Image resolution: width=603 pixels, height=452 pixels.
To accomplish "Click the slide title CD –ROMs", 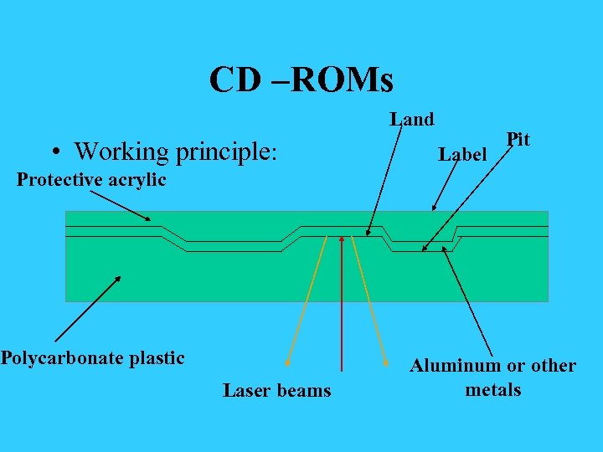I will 301,80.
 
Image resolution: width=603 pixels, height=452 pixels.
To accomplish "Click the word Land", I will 412,120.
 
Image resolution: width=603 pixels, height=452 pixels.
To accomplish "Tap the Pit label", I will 518,139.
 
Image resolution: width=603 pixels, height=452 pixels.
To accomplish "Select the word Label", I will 462,155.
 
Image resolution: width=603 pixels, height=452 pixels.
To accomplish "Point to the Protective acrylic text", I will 91,179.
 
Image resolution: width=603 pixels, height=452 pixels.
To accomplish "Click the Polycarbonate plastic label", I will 92,358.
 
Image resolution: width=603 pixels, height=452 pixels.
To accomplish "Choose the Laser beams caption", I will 276,391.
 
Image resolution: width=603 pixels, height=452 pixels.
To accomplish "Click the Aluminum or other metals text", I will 492,378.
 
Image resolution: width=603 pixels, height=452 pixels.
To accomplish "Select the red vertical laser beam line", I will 342,301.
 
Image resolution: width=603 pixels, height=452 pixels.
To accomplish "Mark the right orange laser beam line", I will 371,301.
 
